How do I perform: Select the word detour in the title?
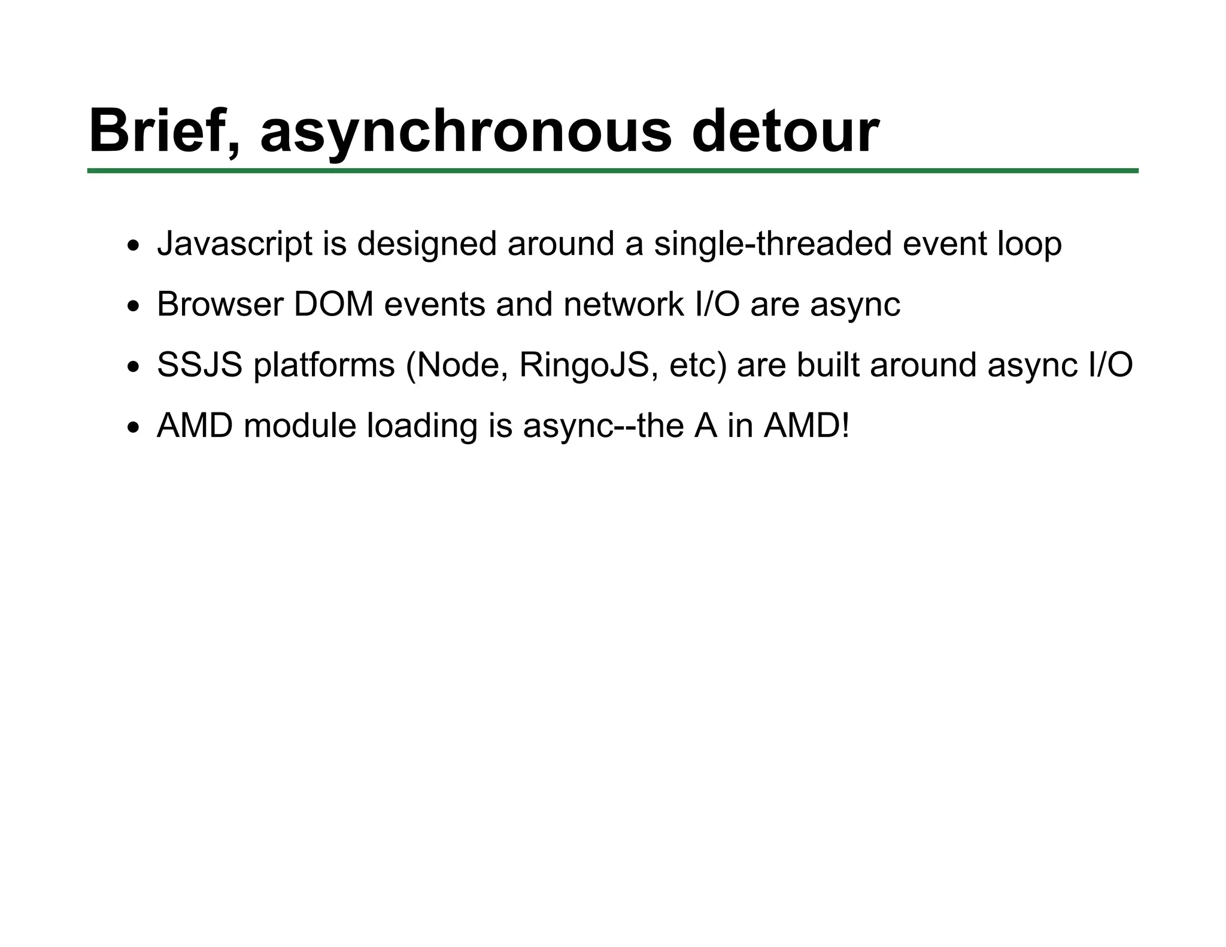tap(785, 130)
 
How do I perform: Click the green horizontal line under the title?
tap(612, 171)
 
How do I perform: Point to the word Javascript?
tap(235, 245)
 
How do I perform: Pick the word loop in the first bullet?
tap(1029, 245)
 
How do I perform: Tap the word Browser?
tap(220, 304)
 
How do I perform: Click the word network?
tap(623, 304)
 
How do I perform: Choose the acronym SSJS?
tap(200, 365)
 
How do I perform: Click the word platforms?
tap(324, 365)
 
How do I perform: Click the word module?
tap(300, 426)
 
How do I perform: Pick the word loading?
tap(422, 426)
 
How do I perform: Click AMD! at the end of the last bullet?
tap(806, 426)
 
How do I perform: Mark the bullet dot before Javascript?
tap(133, 246)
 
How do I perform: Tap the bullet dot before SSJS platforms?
tap(133, 367)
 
